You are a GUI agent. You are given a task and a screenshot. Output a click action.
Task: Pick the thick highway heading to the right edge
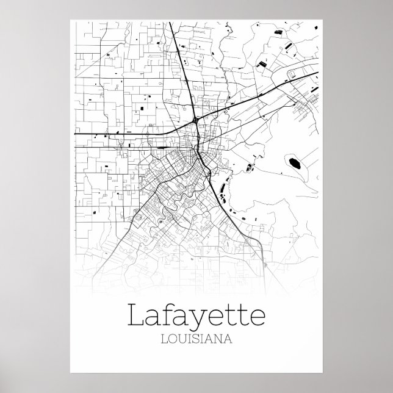275,89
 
